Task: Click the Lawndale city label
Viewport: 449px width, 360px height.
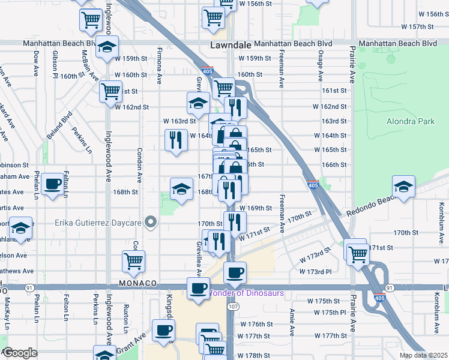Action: point(229,45)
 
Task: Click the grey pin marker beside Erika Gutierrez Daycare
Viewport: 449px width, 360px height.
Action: point(151,223)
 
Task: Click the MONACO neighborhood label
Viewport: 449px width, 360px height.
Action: point(137,283)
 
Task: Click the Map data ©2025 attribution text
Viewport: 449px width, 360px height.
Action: point(423,355)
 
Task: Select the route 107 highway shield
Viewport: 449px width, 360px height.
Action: point(231,307)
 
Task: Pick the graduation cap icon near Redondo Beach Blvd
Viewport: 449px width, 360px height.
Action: point(404,187)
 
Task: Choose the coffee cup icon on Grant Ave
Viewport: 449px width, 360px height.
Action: point(164,331)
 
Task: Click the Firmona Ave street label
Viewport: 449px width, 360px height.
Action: point(160,65)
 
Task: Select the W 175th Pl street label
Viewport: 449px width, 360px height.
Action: point(327,313)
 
